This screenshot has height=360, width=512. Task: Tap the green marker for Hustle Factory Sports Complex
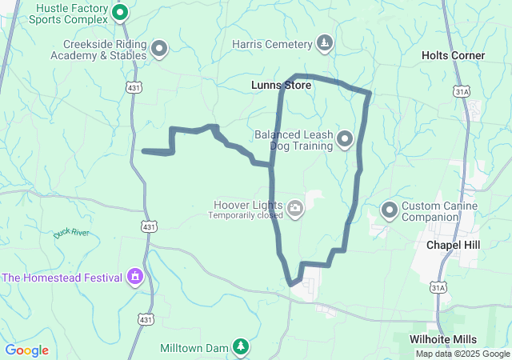(x=120, y=12)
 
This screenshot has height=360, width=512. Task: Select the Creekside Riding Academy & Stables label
(x=98, y=50)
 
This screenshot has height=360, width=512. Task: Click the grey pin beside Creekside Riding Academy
(x=158, y=49)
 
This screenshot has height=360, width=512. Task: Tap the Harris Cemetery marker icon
(x=324, y=42)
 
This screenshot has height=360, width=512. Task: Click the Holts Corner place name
(x=453, y=55)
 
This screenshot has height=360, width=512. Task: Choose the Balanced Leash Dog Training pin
(x=345, y=140)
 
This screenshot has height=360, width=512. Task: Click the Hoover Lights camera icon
(x=295, y=209)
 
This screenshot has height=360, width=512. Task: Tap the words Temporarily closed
(x=246, y=216)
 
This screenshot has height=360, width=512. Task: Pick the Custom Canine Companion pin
(x=390, y=210)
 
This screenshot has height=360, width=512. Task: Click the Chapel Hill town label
(x=453, y=244)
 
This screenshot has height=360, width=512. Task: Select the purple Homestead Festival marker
(x=135, y=278)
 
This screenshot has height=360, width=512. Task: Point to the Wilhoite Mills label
(x=443, y=339)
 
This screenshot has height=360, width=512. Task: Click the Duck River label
(x=71, y=233)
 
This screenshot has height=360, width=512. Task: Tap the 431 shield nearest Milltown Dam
(x=145, y=319)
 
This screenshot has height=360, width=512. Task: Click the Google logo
(x=27, y=350)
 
